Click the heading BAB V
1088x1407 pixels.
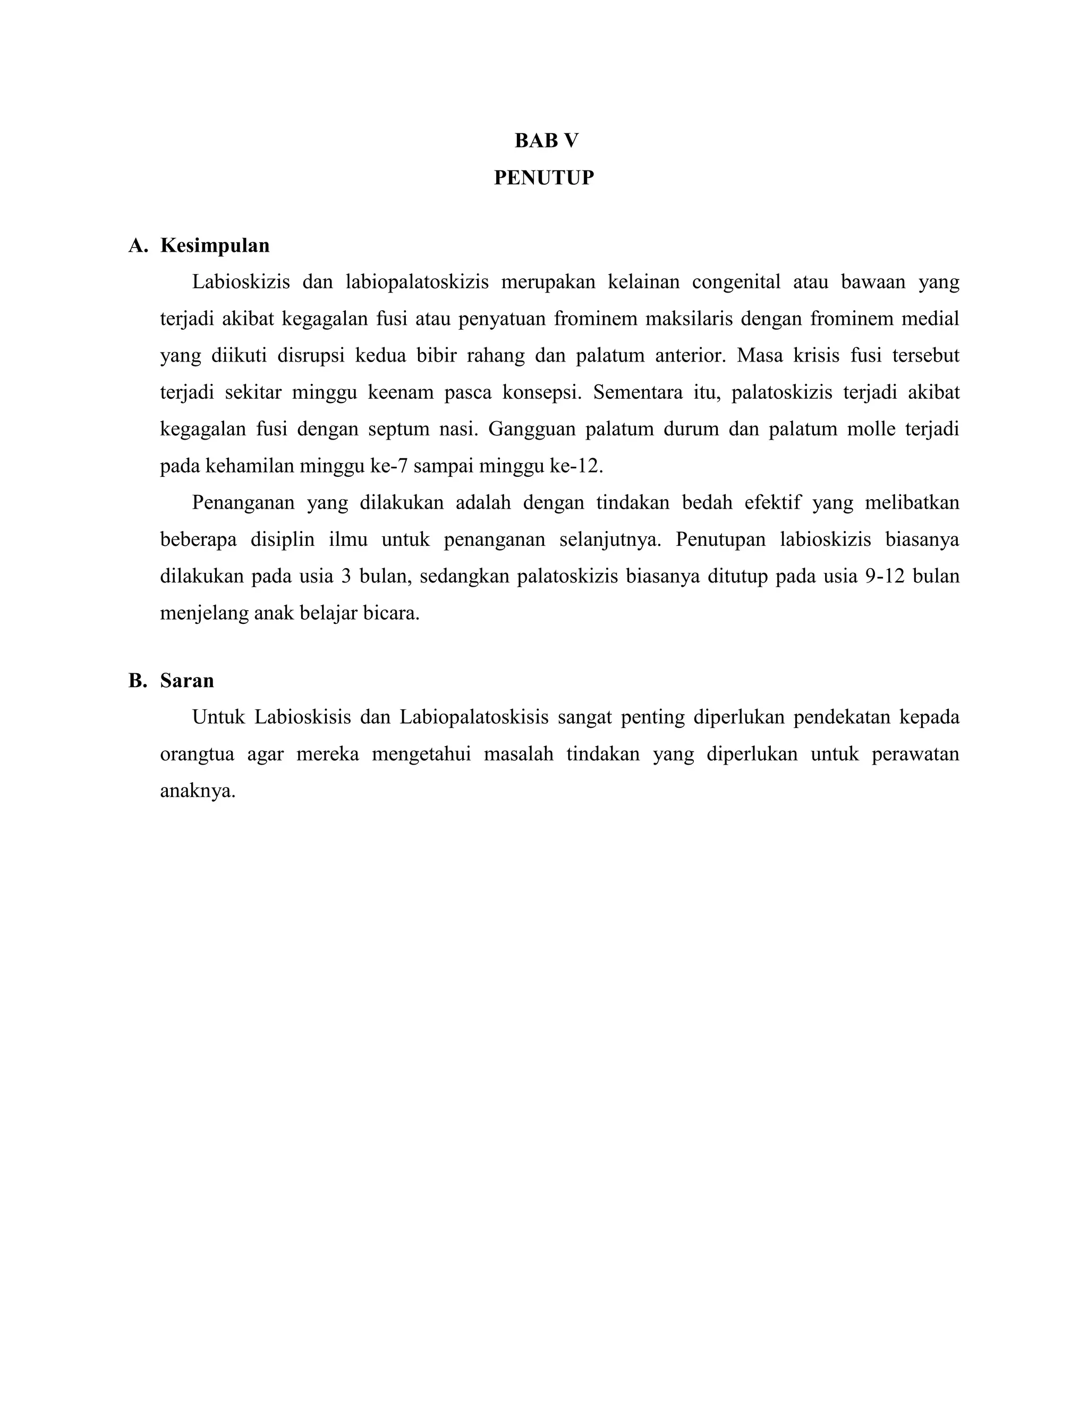pos(546,141)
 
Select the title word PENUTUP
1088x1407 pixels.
pos(543,177)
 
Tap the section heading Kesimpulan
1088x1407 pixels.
pos(215,245)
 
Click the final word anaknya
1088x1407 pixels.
pos(197,791)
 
